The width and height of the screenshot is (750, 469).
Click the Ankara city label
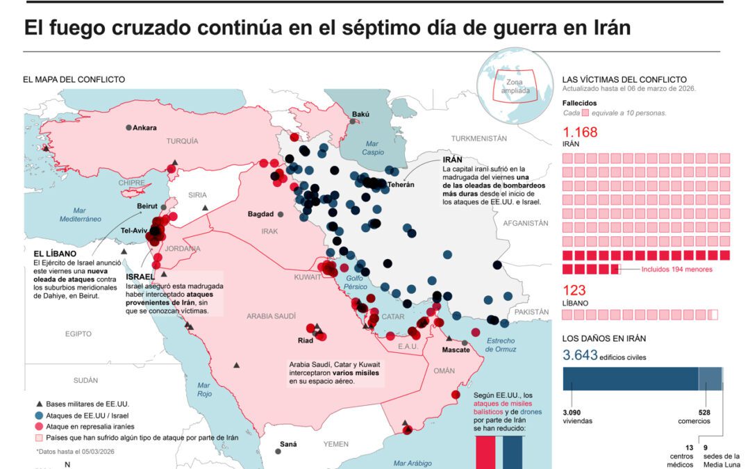coord(144,128)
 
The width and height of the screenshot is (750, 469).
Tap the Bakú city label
coord(360,115)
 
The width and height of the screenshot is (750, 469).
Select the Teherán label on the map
coord(401,184)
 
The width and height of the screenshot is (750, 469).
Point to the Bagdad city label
coord(261,214)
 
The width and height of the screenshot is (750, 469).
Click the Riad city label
coord(306,340)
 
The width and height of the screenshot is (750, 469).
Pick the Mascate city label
coord(456,349)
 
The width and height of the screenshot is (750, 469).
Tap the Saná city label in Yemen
coord(287,444)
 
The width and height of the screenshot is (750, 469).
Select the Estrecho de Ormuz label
coord(500,345)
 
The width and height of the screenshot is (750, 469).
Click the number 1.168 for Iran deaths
coord(580,133)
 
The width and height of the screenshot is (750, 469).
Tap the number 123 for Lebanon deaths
coord(574,290)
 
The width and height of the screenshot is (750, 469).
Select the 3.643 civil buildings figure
coord(580,356)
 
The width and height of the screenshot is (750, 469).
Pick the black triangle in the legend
coord(40,404)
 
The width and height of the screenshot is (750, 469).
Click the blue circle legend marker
coord(40,415)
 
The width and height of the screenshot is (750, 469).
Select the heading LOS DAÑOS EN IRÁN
coord(604,339)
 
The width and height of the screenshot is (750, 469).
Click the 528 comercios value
coord(704,413)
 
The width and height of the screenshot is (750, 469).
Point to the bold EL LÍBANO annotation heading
coord(55,254)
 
